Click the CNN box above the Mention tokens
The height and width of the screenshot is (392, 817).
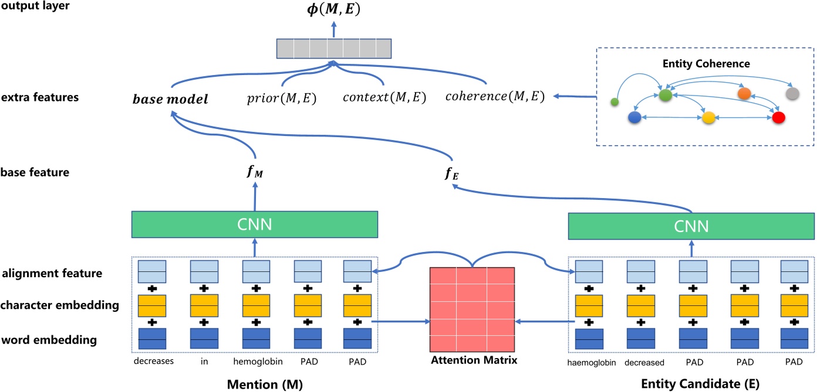pos(254,224)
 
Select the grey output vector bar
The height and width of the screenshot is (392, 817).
pos(333,49)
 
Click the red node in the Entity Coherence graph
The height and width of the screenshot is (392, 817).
pos(778,118)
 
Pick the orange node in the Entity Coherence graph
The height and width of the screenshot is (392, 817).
pos(744,94)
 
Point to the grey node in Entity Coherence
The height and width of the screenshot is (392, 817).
pos(792,94)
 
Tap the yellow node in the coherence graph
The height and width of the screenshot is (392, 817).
pos(708,118)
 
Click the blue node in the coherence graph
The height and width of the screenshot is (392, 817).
pos(634,118)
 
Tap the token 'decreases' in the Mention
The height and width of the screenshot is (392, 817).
pos(153,362)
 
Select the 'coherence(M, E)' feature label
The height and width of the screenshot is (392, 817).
pos(494,98)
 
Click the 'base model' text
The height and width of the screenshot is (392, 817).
pos(170,99)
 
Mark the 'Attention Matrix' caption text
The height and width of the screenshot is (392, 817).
pos(472,360)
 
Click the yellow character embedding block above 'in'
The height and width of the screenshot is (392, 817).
pos(204,305)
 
